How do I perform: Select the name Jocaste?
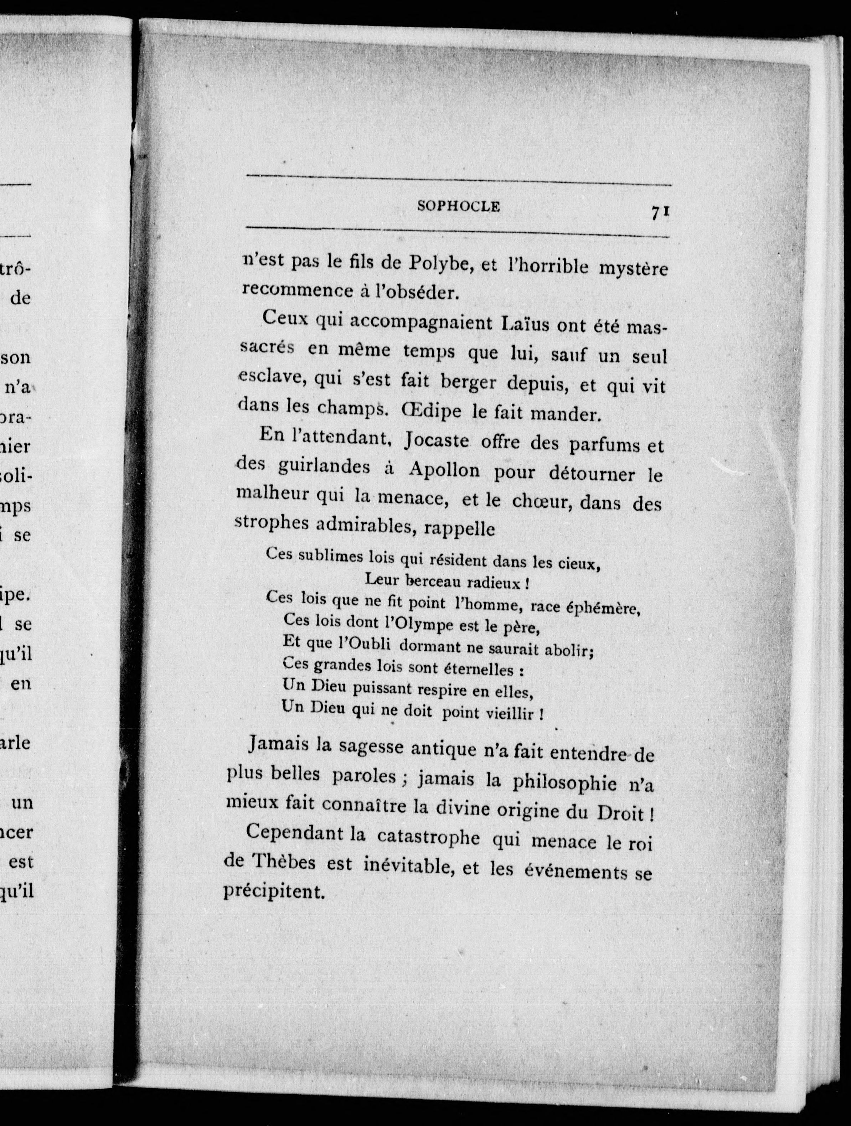[436, 440]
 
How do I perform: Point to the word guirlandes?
[324, 467]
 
